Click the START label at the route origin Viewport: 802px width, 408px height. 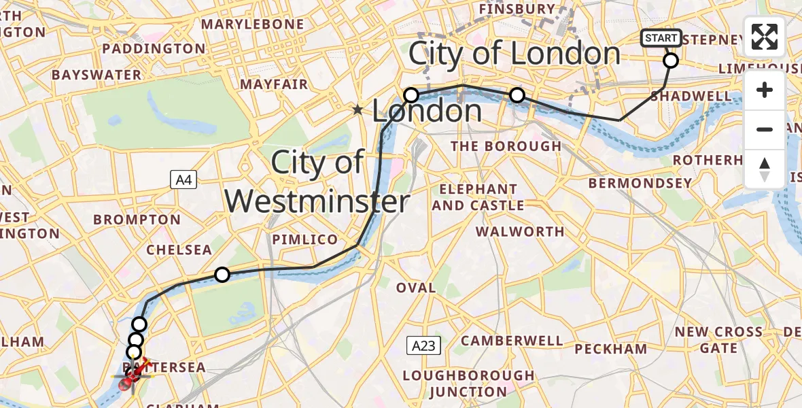[x=661, y=39]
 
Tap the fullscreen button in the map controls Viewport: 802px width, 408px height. [x=765, y=37]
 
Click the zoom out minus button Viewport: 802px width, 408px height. [x=765, y=129]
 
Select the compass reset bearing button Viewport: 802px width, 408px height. [x=765, y=169]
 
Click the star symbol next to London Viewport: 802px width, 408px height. [x=358, y=109]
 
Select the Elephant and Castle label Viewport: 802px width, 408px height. [x=478, y=197]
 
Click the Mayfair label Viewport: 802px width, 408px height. [x=275, y=85]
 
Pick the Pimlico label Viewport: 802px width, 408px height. [x=304, y=239]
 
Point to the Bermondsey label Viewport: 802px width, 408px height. [x=640, y=183]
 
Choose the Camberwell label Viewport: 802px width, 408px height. [x=512, y=341]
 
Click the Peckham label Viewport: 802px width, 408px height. [x=611, y=349]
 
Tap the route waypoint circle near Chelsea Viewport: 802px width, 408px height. [x=222, y=275]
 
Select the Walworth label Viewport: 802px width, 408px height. [x=520, y=231]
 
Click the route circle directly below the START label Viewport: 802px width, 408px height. [x=670, y=61]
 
